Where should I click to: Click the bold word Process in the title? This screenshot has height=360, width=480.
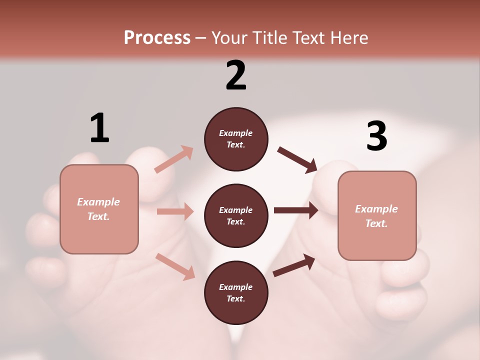pyautogui.click(x=157, y=38)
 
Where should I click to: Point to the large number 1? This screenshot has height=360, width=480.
pyautogui.click(x=99, y=128)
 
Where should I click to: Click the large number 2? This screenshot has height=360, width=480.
pyautogui.click(x=236, y=75)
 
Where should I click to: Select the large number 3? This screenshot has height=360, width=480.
pyautogui.click(x=376, y=136)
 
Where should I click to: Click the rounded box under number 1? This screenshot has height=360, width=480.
pyautogui.click(x=99, y=209)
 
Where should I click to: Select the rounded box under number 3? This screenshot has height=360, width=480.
pyautogui.click(x=377, y=215)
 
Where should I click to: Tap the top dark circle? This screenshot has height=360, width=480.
pyautogui.click(x=236, y=139)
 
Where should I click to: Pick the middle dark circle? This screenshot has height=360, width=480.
pyautogui.click(x=236, y=215)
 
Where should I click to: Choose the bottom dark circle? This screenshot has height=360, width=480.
pyautogui.click(x=236, y=292)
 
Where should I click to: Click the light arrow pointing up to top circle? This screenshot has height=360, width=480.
pyautogui.click(x=174, y=159)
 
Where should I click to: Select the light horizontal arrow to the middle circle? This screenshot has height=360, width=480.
pyautogui.click(x=175, y=211)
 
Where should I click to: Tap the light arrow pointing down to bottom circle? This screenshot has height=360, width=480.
pyautogui.click(x=175, y=266)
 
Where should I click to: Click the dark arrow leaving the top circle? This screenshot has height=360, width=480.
pyautogui.click(x=297, y=160)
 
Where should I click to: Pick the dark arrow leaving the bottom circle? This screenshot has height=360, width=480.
pyautogui.click(x=294, y=265)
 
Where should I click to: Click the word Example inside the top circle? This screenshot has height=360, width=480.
pyautogui.click(x=236, y=133)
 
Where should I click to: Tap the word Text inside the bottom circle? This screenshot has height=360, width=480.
pyautogui.click(x=235, y=298)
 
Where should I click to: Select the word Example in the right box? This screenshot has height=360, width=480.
pyautogui.click(x=376, y=209)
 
